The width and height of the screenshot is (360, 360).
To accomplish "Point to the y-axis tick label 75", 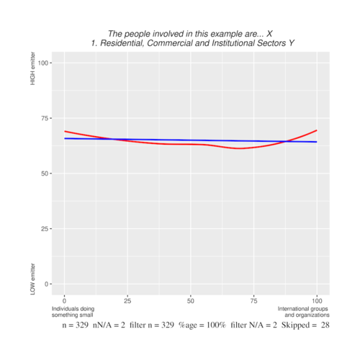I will point(44,118).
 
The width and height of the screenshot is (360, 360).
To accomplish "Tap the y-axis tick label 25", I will point(44,229).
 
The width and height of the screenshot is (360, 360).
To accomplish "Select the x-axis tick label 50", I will point(190,299).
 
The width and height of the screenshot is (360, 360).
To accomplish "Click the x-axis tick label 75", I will point(253,299).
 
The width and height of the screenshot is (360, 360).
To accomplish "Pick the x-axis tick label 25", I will point(127,299).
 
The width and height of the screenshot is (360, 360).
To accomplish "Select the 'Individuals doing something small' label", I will point(72,312).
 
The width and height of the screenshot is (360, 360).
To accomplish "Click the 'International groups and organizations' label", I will point(303,312).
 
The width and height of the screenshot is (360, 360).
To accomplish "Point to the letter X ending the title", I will point(269,34).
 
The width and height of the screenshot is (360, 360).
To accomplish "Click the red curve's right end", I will point(316,130).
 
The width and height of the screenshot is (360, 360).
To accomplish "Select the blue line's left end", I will point(65,138).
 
